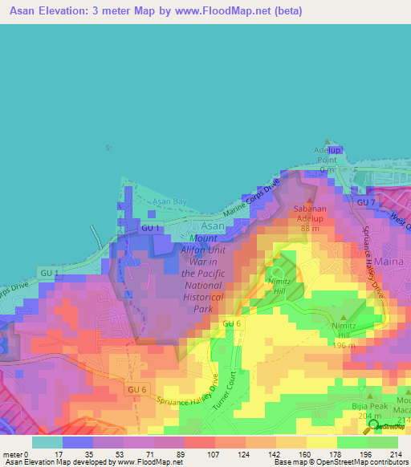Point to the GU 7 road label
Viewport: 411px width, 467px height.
[366, 203]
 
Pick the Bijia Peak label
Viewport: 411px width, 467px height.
[368, 407]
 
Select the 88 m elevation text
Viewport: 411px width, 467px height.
[311, 228]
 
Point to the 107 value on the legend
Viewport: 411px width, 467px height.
[215, 454]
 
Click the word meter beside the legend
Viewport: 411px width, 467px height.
[11, 454]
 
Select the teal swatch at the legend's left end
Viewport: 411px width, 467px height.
[47, 442]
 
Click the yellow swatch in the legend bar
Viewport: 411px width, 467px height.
[322, 442]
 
